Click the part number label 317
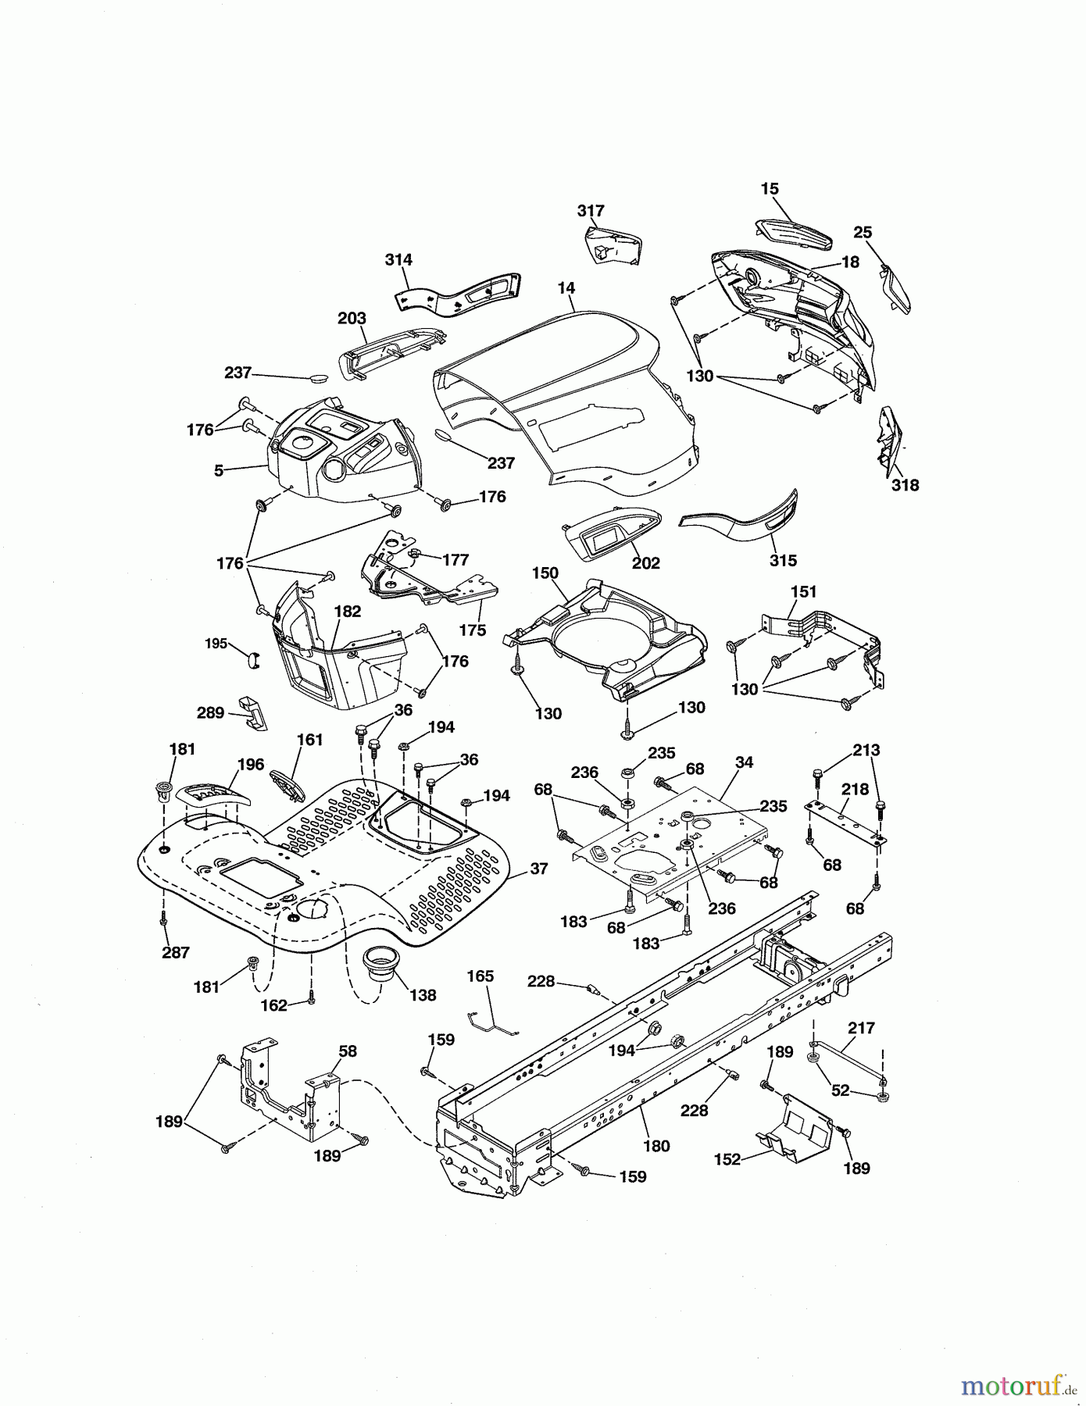pos(591,211)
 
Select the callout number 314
pos(398,259)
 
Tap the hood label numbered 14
pos(566,288)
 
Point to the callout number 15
pos(770,189)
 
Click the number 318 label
pos(905,485)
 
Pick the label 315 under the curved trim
pos(783,560)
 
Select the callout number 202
pos(646,563)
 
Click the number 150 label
pos(545,573)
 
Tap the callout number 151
pos(803,592)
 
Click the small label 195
pos(216,644)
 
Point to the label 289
pos(210,712)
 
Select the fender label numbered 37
pos(538,869)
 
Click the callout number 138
pos(423,995)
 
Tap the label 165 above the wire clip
pos(480,976)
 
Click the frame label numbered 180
pos(656,1146)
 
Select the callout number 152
pos(727,1159)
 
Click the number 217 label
pos(861,1029)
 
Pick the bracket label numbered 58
pos(348,1051)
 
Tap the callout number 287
pos(176,952)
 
